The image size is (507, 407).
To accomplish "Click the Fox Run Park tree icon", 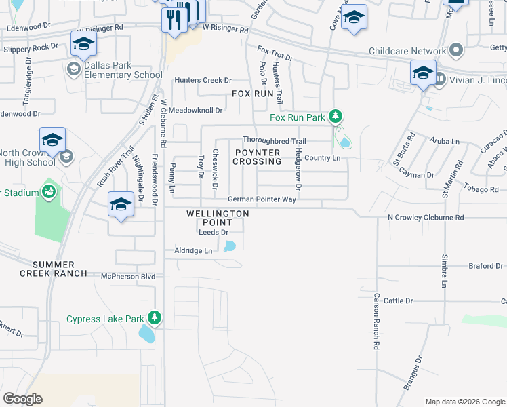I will (334, 117).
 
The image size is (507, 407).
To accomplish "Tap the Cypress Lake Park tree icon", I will (155, 318).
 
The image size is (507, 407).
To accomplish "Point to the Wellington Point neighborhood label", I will (218, 214).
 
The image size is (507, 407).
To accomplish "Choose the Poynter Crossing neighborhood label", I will (256, 157).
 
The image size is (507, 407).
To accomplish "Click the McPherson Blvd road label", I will (128, 277).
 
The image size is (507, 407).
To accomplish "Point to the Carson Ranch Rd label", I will (376, 321).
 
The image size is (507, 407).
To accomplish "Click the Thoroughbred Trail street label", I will (275, 141).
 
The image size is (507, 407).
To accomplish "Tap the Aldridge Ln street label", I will (194, 251).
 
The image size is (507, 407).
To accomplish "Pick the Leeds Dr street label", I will (213, 232).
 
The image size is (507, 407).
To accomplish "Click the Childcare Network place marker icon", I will (456, 51).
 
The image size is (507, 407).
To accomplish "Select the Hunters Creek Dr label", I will (203, 80).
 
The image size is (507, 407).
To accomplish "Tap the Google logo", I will (23, 399).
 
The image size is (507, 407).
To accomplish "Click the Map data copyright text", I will (464, 402).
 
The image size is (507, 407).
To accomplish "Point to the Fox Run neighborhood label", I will (252, 94).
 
